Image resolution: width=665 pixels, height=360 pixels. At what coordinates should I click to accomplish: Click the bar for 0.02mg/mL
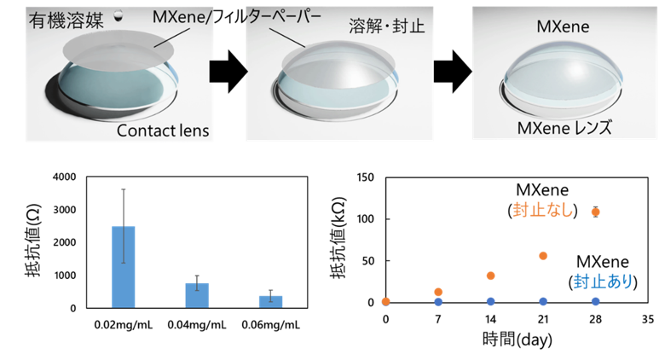(123, 267)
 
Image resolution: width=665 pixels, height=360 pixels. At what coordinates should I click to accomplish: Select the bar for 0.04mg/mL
(197, 295)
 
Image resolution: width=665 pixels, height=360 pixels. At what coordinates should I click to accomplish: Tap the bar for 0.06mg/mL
(270, 302)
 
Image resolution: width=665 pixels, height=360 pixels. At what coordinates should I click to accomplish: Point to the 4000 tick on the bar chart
(65, 177)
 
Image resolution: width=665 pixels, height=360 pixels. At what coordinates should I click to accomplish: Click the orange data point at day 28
(595, 212)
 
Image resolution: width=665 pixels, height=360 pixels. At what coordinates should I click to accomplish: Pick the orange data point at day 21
(543, 256)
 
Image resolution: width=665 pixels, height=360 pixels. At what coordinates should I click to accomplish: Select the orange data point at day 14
(491, 276)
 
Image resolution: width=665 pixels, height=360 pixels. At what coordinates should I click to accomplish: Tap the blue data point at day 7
(438, 302)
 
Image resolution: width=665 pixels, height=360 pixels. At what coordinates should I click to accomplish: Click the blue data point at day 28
(595, 301)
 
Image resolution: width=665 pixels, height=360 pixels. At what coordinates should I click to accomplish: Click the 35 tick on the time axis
(648, 319)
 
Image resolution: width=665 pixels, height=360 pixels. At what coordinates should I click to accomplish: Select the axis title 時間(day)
(517, 340)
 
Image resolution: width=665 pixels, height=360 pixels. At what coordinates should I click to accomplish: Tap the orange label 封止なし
(543, 210)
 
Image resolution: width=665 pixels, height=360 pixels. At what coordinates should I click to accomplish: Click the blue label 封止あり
(603, 282)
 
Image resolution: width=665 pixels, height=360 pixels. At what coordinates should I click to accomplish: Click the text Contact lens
(163, 131)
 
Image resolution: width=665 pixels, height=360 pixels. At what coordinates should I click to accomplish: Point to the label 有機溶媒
(66, 20)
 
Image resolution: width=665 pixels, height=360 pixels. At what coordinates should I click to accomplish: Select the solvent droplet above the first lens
(119, 16)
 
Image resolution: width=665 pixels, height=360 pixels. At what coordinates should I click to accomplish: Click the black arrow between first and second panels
(228, 72)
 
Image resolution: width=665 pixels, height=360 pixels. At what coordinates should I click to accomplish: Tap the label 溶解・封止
(386, 26)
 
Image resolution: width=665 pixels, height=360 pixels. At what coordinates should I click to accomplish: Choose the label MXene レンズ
(564, 128)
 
